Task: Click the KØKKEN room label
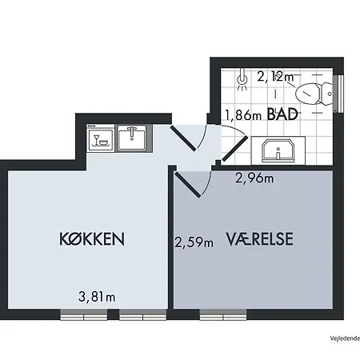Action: coord(92,239)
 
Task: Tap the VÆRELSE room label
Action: coord(260,239)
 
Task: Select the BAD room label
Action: coord(282,114)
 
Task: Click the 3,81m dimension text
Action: coord(97,297)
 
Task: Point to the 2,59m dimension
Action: coord(194,242)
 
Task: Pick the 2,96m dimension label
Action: coord(254,178)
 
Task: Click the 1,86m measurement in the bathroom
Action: coord(243,115)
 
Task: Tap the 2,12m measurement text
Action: coord(275,77)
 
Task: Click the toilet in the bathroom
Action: coord(314,94)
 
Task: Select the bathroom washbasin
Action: coord(278,151)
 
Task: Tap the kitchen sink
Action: coord(132,138)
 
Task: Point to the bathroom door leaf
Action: coord(235,148)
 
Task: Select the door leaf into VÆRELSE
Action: coord(187,185)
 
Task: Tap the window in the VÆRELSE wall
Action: coord(223,314)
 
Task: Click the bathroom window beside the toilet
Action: coord(338,94)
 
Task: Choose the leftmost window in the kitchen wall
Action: coord(84,314)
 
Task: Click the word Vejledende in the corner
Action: coord(345,338)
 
